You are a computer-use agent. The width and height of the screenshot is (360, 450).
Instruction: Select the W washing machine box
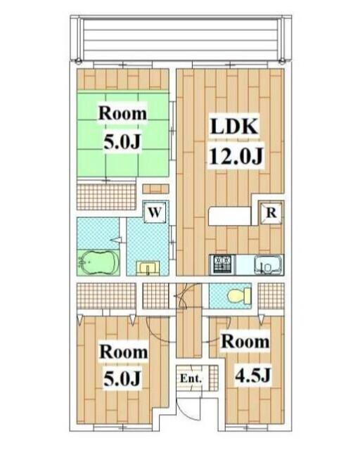[155, 211]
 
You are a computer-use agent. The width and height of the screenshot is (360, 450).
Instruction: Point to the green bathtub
[98, 262]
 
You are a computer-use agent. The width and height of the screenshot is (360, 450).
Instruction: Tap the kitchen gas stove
[222, 265]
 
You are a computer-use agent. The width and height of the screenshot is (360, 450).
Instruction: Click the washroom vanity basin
[148, 267]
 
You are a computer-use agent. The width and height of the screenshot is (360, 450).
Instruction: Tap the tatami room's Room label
[122, 113]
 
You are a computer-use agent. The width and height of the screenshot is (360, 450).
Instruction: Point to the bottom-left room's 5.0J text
[122, 379]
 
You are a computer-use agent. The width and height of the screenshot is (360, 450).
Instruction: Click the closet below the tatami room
[105, 196]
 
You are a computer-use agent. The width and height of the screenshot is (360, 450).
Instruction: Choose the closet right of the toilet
[271, 294]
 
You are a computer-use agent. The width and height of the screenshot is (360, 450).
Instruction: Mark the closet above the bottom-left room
[105, 295]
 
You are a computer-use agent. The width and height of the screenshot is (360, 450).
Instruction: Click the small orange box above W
[155, 188]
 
